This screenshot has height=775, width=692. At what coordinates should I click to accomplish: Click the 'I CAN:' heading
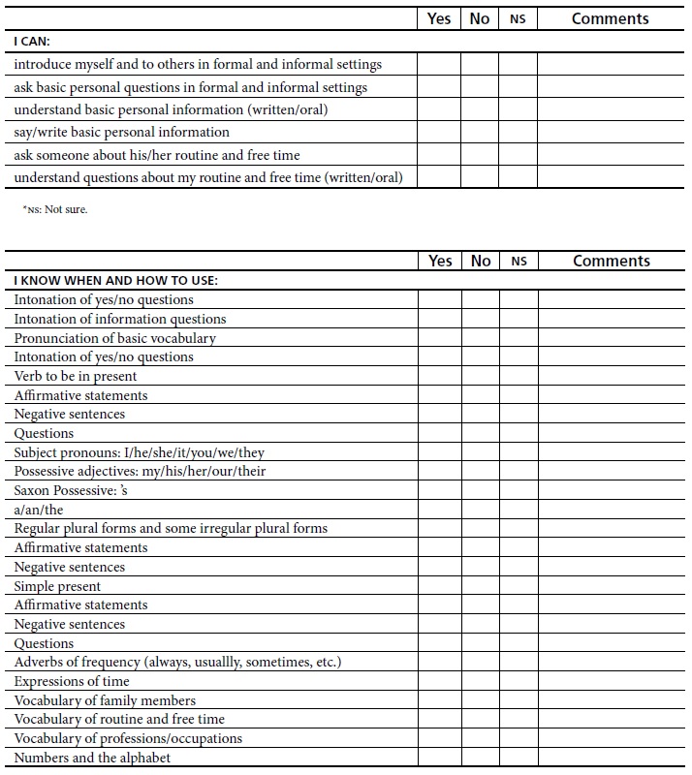[32, 42]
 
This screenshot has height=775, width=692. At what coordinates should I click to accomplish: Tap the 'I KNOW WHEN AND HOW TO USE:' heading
[115, 281]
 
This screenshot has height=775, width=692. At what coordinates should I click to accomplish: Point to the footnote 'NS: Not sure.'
[55, 209]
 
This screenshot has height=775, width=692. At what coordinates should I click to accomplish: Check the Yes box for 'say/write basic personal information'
[439, 132]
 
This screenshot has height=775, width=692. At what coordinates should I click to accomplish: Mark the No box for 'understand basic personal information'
[480, 109]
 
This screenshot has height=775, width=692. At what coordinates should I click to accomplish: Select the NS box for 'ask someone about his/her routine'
[518, 155]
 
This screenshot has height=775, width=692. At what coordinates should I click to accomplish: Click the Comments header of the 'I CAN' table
[610, 18]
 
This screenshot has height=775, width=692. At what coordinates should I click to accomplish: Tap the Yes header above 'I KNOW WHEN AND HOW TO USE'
[440, 261]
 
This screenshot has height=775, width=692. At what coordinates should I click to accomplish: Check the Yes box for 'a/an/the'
[440, 510]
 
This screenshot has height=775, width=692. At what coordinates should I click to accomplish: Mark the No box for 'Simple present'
[481, 586]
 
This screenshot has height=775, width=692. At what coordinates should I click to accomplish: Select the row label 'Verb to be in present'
[76, 376]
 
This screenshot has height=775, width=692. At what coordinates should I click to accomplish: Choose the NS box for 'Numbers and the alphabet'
[519, 758]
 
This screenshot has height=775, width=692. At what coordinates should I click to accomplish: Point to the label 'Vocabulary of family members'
[105, 700]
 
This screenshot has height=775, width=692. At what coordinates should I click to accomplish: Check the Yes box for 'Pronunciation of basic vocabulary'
[440, 338]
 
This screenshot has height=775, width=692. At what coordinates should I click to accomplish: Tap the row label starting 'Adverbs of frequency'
[177, 662]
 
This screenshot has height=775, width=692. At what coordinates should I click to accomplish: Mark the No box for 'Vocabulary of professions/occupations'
[481, 738]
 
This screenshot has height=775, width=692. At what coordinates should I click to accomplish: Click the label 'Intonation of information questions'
[120, 319]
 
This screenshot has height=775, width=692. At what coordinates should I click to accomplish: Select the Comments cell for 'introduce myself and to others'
[610, 64]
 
